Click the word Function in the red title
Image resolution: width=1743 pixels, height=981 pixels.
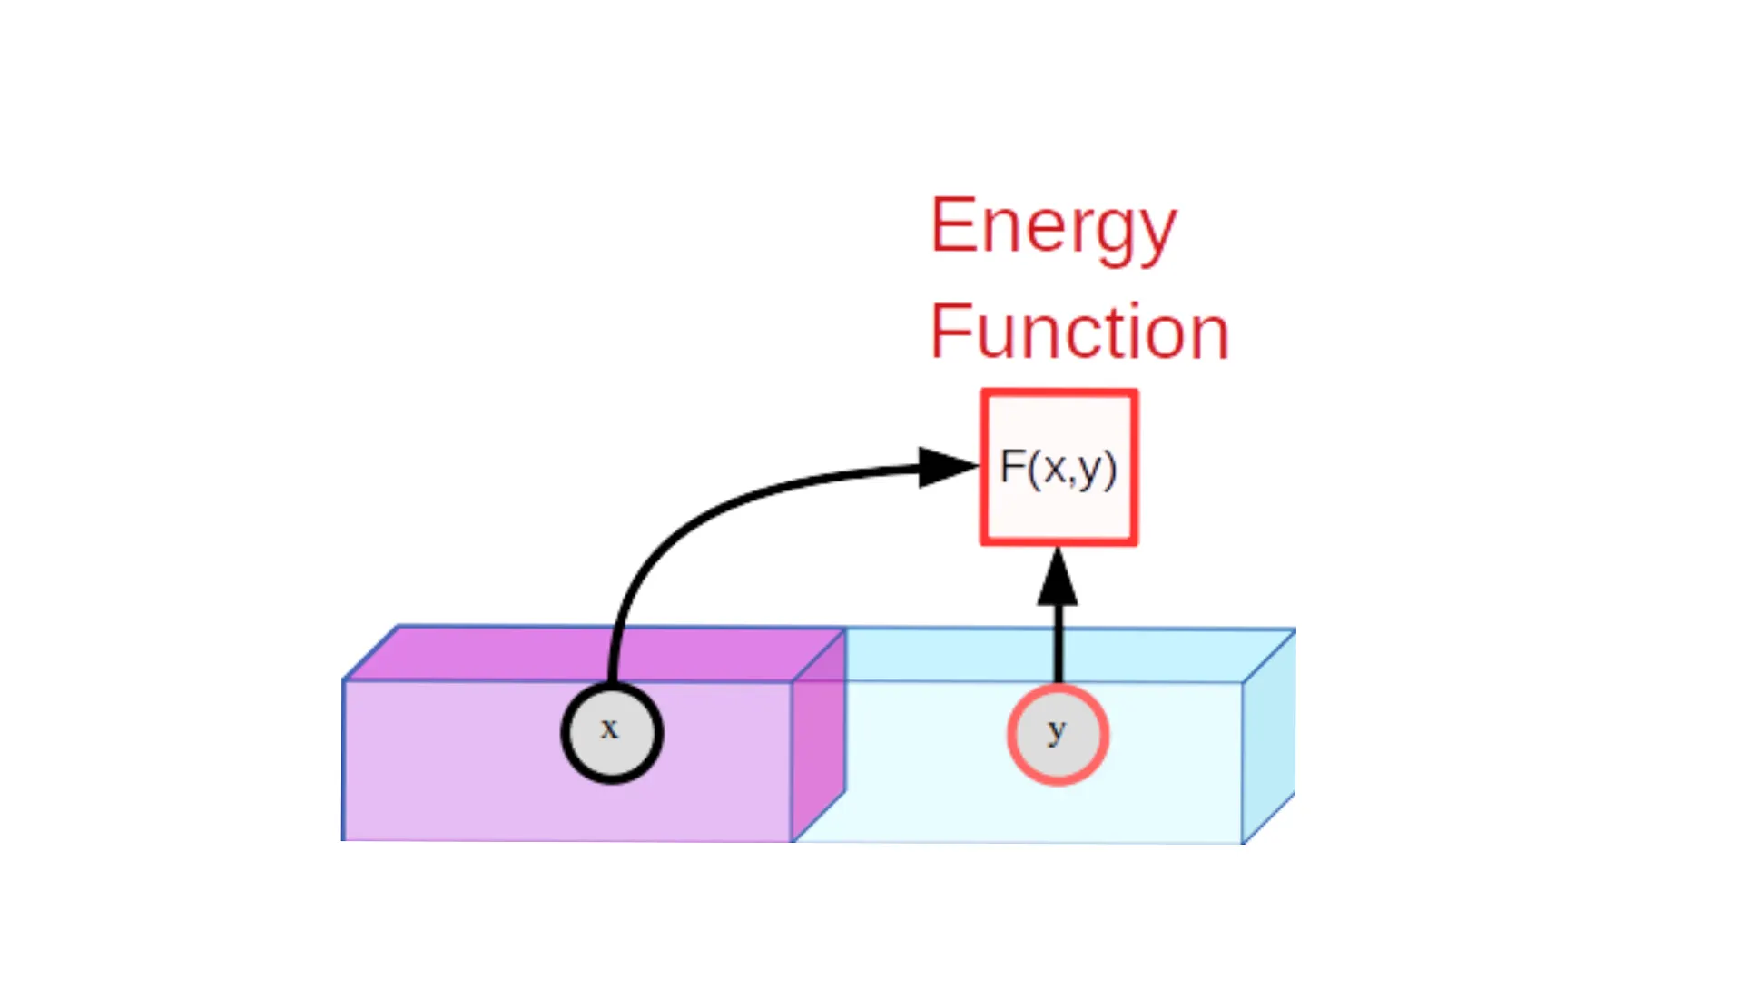coord(1079,332)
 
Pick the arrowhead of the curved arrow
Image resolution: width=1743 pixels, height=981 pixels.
coord(949,467)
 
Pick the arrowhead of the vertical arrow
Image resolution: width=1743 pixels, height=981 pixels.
coord(1058,576)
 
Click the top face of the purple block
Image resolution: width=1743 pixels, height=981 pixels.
coord(595,653)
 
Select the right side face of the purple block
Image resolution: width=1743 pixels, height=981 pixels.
coord(819,735)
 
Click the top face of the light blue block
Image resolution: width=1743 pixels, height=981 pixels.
coord(1044,655)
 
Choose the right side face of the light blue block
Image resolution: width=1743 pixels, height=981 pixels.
coord(1269,736)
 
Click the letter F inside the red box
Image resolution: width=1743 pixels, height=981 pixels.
coord(1011,467)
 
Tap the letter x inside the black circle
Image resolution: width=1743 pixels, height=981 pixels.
coord(609,728)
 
